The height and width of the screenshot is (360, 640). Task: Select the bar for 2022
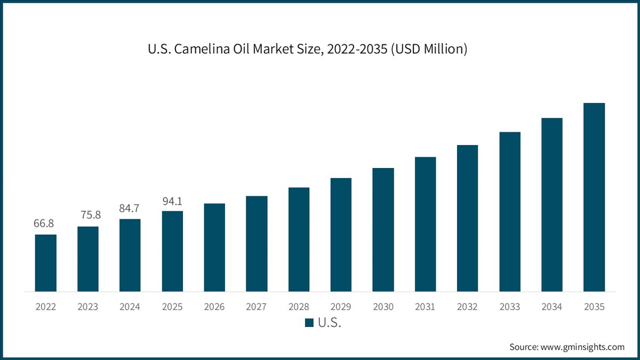click(x=46, y=263)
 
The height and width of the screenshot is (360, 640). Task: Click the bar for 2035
click(x=594, y=197)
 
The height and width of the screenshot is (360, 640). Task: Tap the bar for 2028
click(x=299, y=239)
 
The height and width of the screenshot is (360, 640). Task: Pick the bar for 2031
click(x=426, y=224)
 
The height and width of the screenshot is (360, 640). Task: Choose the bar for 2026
click(x=214, y=247)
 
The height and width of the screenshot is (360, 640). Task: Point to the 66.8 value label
click(x=43, y=223)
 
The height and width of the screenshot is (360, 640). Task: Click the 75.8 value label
click(x=91, y=215)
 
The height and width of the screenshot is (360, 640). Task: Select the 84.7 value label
click(x=129, y=209)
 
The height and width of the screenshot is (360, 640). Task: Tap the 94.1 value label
click(x=172, y=202)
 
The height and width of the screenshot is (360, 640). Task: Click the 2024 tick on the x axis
click(x=130, y=307)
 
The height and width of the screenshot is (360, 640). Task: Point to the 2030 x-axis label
click(x=383, y=307)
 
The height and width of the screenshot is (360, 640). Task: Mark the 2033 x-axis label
click(x=510, y=307)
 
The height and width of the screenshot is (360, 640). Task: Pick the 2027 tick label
click(x=257, y=307)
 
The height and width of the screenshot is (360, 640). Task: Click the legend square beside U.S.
click(x=309, y=323)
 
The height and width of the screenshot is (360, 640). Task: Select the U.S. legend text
click(x=330, y=323)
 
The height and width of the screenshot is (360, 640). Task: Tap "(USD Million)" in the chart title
click(x=429, y=49)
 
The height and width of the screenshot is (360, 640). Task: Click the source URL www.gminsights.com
click(x=582, y=347)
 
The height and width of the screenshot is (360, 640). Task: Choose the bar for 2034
click(x=552, y=205)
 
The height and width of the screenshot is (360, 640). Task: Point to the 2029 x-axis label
click(x=341, y=307)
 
